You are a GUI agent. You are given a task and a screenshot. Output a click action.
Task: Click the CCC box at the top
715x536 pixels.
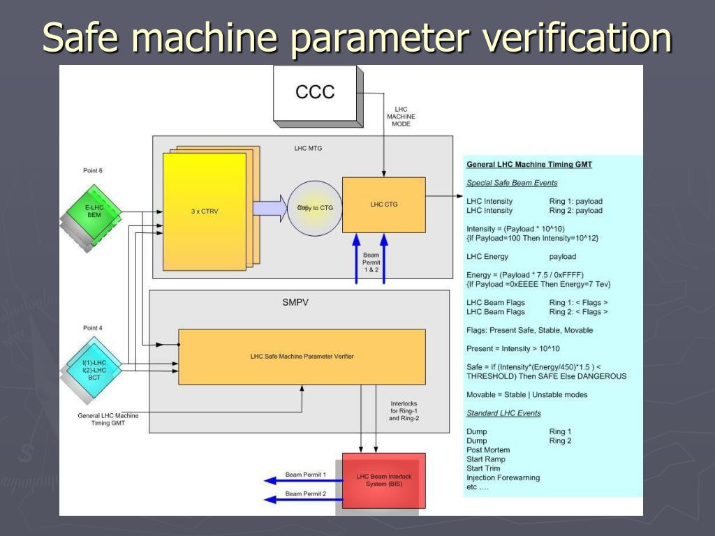(x=315, y=92)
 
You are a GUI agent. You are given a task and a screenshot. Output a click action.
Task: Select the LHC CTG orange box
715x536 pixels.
(x=383, y=204)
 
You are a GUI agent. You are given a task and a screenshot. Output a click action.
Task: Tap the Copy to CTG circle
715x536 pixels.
(x=314, y=207)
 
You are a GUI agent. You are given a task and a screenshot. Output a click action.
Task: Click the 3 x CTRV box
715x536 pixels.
(x=205, y=211)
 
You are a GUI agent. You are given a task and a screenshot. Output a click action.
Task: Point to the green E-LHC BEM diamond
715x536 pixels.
(x=94, y=211)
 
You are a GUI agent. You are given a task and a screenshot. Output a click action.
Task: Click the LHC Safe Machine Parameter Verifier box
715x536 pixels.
(x=302, y=356)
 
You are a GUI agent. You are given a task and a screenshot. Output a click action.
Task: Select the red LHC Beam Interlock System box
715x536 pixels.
(x=384, y=481)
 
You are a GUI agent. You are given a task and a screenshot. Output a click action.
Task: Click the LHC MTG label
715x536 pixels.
(x=308, y=148)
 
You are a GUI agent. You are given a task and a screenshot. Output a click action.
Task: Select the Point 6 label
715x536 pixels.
(x=93, y=170)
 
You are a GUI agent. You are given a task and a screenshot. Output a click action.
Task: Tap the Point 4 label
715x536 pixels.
(x=93, y=327)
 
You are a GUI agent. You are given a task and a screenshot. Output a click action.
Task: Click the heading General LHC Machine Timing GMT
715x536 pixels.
(x=529, y=165)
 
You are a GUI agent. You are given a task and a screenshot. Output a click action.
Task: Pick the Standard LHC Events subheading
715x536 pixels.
(x=503, y=413)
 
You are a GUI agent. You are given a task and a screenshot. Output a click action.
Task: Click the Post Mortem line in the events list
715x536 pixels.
(x=488, y=450)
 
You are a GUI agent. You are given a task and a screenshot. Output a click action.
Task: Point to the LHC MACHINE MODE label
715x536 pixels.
(x=401, y=117)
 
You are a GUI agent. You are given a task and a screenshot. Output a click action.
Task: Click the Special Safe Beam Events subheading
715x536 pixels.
(x=512, y=183)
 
